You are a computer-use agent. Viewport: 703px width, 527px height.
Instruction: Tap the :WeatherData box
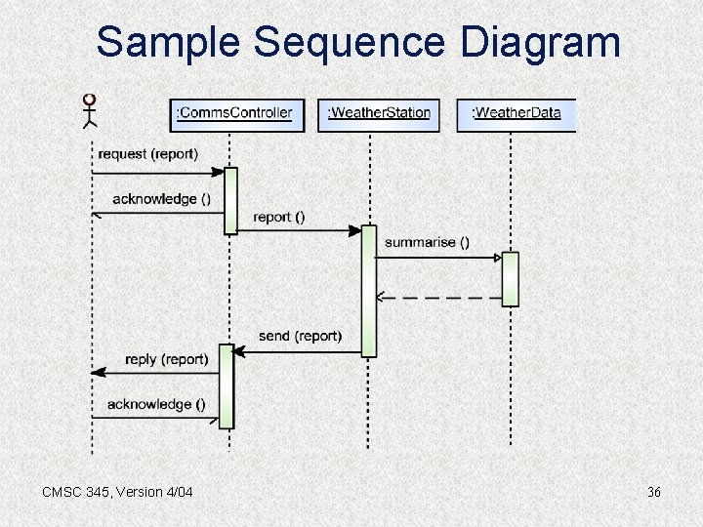coord(516,113)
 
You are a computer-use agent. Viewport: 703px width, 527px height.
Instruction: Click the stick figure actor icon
coord(90,111)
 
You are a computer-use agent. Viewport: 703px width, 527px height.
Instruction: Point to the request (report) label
coord(147,154)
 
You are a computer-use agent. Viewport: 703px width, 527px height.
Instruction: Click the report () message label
coord(278,217)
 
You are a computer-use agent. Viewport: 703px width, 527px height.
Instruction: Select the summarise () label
coord(427,242)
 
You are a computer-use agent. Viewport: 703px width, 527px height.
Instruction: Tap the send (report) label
coord(300,336)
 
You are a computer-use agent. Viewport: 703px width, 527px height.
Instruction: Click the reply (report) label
coord(166,359)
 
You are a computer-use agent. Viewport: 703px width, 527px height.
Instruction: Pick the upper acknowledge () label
coord(161,199)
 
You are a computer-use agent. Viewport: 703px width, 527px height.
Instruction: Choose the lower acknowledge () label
coord(156,404)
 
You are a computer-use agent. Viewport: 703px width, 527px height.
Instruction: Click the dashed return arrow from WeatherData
coord(439,296)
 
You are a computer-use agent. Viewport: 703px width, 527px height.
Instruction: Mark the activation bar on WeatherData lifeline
coord(510,279)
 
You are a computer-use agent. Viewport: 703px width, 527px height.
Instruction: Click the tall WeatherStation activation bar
coord(368,291)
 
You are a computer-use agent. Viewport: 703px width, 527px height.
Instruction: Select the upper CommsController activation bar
coord(230,201)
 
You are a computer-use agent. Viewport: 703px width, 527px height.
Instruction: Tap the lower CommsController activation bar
coord(227,385)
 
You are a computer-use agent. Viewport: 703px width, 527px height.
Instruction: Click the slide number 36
coord(653,492)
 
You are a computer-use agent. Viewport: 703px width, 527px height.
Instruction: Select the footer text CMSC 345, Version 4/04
coord(117,492)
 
